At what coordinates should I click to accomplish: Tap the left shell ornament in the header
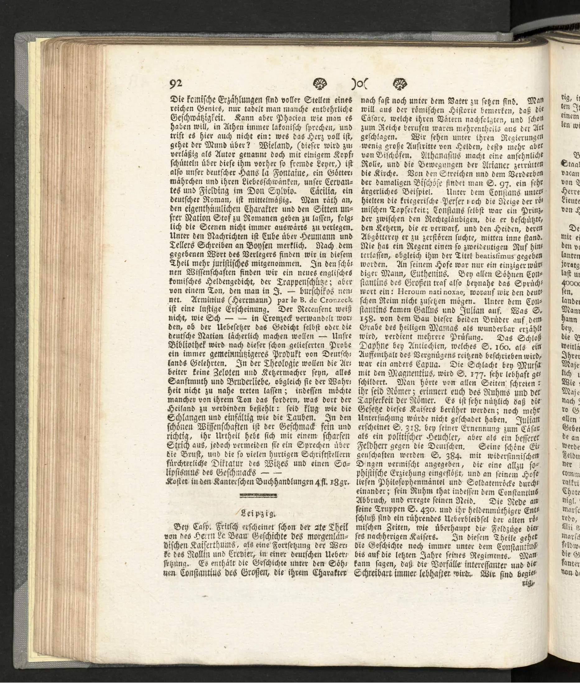tap(319, 84)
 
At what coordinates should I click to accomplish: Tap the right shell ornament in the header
tap(400, 84)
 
